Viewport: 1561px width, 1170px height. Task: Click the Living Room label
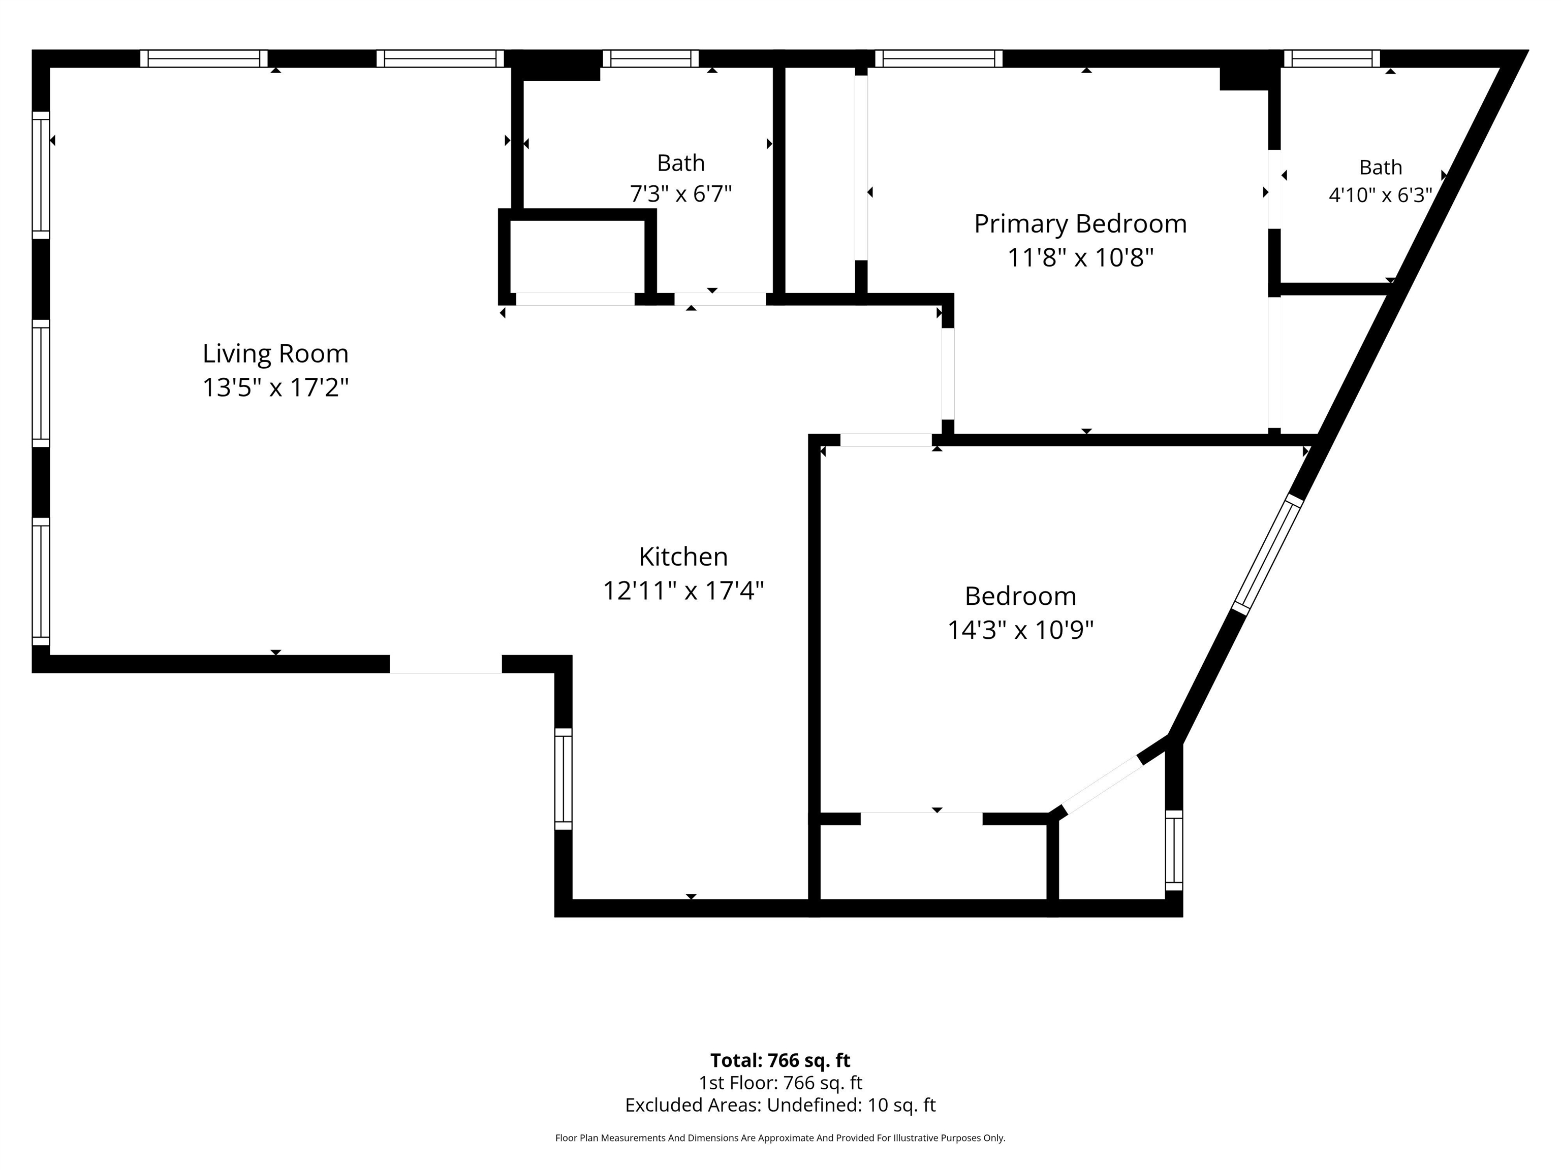[x=275, y=353]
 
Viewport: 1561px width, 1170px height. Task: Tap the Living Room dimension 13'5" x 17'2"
[x=275, y=387]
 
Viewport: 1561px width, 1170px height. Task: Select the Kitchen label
[x=683, y=557]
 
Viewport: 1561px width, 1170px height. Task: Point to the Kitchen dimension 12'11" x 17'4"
[x=683, y=590]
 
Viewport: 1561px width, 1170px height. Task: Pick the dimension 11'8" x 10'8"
[x=1080, y=257]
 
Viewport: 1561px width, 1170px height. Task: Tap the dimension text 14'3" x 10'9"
[x=1020, y=629]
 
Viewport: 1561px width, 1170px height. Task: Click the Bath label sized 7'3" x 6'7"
[x=681, y=163]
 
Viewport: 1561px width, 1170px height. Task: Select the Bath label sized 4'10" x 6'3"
[x=1380, y=167]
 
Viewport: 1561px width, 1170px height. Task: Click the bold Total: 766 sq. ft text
[x=780, y=1060]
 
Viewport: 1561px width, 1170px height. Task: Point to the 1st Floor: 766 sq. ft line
[x=780, y=1083]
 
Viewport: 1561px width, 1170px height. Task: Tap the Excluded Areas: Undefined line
[x=780, y=1105]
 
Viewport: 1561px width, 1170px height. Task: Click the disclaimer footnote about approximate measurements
[x=780, y=1137]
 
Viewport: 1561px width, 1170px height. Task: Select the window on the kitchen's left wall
[x=563, y=778]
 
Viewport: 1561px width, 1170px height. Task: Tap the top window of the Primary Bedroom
[x=939, y=58]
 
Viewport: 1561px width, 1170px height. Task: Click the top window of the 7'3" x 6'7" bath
[x=650, y=58]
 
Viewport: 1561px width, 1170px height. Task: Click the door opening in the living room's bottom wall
[x=446, y=664]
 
